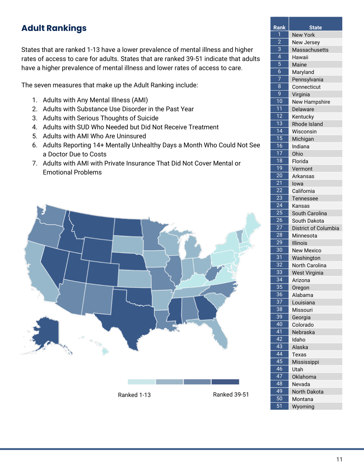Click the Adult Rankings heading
[x=54, y=28]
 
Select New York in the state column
[x=303, y=35]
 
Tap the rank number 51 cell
[x=279, y=406]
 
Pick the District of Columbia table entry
[x=315, y=228]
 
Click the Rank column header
[x=279, y=27]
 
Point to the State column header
[x=315, y=27]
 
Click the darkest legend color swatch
[x=226, y=382]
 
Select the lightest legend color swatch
[x=141, y=382]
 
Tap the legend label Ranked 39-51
[x=231, y=395]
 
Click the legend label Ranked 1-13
[x=135, y=395]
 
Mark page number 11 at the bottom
[x=339, y=459]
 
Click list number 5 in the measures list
[x=35, y=136]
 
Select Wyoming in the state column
[x=303, y=407]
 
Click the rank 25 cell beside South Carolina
[x=279, y=213]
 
